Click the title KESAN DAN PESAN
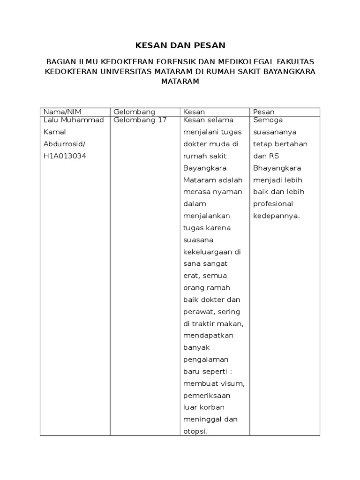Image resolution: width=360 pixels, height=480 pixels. point(180,45)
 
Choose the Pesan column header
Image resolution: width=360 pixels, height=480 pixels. point(263,112)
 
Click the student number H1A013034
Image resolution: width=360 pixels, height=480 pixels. point(65,156)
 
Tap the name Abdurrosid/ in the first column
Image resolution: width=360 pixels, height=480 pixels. point(64,144)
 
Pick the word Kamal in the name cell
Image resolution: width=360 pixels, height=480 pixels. point(52,132)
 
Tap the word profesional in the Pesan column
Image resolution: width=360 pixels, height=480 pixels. point(273,204)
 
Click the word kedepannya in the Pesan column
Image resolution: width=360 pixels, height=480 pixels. point(276,216)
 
